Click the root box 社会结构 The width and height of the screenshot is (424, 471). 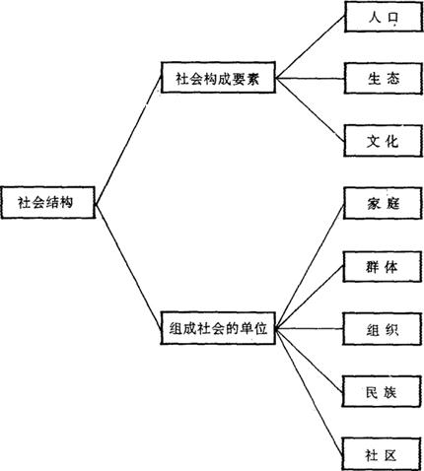click(48, 202)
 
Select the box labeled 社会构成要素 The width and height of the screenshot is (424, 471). click(218, 78)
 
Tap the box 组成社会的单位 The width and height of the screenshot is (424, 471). click(218, 328)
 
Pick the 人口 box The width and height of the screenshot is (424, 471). click(384, 17)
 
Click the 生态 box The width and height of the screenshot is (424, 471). click(384, 79)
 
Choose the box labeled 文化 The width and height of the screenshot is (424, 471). click(383, 141)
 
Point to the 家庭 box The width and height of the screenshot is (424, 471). click(383, 203)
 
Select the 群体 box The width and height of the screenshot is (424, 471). click(383, 267)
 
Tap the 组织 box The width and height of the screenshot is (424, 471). click(382, 329)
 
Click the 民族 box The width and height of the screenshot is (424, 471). click(382, 391)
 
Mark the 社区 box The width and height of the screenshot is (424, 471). click(382, 454)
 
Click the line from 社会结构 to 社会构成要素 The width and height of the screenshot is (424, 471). click(128, 141)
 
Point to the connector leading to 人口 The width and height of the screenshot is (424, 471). click(310, 47)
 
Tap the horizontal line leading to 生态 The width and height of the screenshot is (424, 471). click(310, 79)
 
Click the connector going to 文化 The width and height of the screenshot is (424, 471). click(310, 109)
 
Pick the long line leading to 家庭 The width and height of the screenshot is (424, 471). click(310, 266)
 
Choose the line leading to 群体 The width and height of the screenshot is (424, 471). click(310, 298)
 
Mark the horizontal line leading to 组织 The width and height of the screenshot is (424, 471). click(309, 328)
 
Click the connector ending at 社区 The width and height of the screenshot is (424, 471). click(309, 391)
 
